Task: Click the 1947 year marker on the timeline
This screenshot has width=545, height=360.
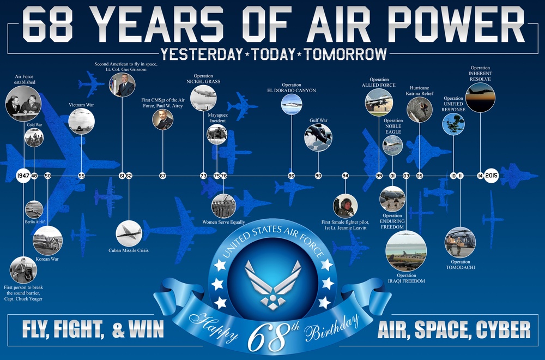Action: click(23, 176)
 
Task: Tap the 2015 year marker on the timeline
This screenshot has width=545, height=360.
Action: click(492, 176)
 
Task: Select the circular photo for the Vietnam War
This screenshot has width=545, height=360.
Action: click(81, 122)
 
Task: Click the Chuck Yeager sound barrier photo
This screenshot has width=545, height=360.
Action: click(23, 269)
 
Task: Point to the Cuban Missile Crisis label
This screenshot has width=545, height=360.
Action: click(129, 250)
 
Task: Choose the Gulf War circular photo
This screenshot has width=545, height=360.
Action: click(318, 137)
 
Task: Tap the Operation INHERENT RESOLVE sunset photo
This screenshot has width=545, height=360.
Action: click(480, 98)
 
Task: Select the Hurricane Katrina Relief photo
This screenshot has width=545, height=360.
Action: click(420, 110)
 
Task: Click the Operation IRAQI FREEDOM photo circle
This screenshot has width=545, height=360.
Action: click(405, 251)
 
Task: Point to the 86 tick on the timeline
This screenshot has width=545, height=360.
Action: click(292, 176)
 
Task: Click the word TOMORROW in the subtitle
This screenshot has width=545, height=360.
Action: click(346, 53)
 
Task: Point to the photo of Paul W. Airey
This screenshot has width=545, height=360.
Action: click(162, 119)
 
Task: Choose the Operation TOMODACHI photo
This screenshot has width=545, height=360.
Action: click(460, 242)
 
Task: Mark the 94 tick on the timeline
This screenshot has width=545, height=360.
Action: click(345, 176)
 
